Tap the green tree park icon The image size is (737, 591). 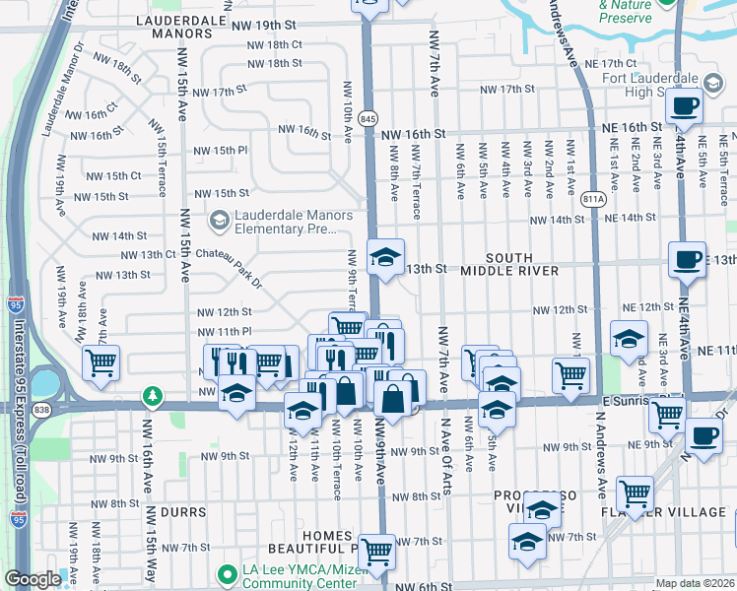153,396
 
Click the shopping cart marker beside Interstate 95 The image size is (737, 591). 100,363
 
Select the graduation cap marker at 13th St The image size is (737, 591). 385,258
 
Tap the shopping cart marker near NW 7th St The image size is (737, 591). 376,551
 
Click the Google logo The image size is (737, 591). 33,579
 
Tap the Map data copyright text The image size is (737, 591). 696,583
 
